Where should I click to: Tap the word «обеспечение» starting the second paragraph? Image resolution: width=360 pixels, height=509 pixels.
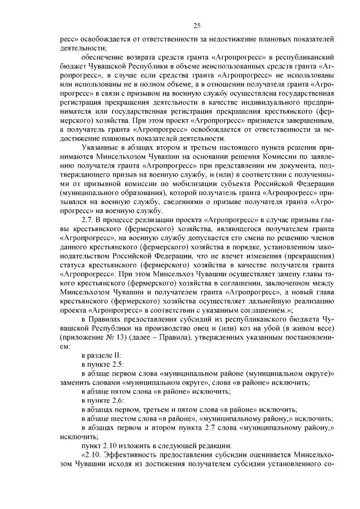(x=103, y=57)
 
